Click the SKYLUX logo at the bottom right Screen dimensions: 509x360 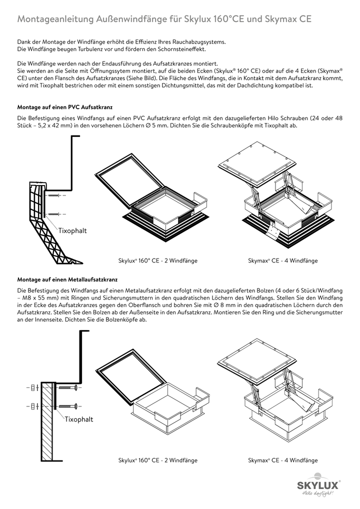tap(318, 484)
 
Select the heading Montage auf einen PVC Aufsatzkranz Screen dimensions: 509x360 tap(65, 107)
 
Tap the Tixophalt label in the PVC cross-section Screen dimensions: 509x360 tap(72, 230)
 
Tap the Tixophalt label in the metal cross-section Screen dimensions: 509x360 tap(78, 419)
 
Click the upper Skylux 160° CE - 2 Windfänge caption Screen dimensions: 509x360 tap(157, 260)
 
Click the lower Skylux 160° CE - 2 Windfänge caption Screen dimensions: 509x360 tap(157, 460)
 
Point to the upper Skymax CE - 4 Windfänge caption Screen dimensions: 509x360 tap(282, 260)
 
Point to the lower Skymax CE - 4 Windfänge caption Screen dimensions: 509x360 tap(282, 460)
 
